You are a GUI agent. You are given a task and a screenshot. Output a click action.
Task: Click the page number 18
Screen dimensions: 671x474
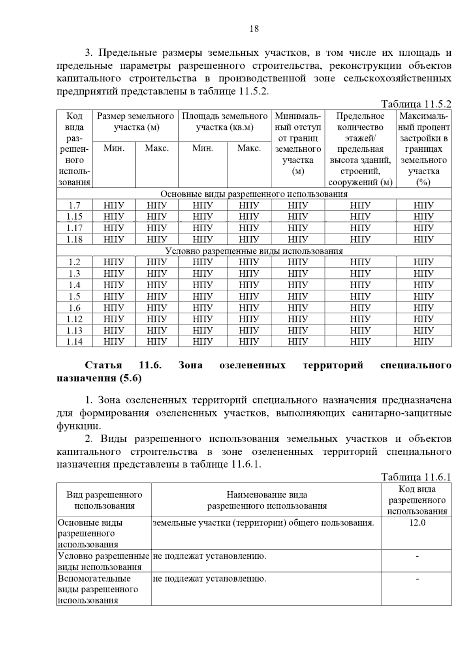[254, 29]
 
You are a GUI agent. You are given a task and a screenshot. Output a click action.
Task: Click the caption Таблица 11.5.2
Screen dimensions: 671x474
[416, 104]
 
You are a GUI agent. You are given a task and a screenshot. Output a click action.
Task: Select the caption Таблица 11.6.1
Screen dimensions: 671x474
[416, 477]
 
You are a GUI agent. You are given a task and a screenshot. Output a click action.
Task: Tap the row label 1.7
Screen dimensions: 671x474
[74, 205]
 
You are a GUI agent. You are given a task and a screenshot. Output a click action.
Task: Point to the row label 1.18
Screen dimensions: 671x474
[74, 239]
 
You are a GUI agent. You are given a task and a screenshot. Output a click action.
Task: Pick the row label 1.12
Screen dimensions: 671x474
[74, 319]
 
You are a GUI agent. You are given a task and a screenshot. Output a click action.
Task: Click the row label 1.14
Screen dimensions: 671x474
[74, 342]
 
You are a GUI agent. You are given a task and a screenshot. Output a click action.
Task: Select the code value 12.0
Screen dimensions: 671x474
[417, 523]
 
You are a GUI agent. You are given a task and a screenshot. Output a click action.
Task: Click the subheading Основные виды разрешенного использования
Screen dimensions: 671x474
[254, 194]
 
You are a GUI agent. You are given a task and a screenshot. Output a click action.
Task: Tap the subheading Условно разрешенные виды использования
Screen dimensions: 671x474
[254, 251]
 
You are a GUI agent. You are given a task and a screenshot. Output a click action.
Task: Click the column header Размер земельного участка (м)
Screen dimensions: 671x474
[135, 122]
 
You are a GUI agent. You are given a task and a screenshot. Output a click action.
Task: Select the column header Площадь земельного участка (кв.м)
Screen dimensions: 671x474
[225, 122]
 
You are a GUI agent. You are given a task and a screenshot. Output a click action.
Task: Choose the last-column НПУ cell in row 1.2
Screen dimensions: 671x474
[424, 262]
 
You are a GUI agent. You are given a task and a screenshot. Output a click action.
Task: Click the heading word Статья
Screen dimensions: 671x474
[103, 365]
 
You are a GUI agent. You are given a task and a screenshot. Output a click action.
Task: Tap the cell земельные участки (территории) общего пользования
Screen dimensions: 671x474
[263, 523]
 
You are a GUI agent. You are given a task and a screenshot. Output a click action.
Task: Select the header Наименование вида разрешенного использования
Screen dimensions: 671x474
[267, 500]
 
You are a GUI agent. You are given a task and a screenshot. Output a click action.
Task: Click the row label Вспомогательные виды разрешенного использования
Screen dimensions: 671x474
[98, 589]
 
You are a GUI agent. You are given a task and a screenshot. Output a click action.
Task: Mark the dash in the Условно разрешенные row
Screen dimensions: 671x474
[417, 556]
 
